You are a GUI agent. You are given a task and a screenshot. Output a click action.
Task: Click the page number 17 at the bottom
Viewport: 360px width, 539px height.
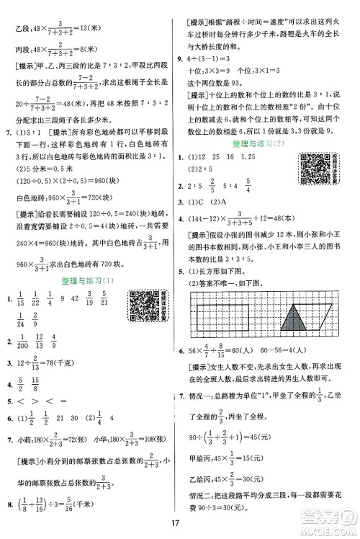pyautogui.click(x=179, y=521)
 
